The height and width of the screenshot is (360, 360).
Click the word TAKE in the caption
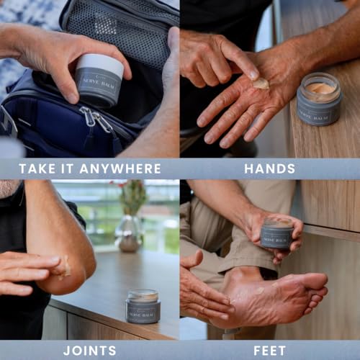coord(36,168)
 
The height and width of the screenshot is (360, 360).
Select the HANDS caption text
coord(269,168)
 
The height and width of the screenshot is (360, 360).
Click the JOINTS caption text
coord(89,351)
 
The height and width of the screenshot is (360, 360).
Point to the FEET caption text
coord(269,351)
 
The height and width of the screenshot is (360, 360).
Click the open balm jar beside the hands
coord(319,99)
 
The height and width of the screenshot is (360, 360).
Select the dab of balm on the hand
coord(261,84)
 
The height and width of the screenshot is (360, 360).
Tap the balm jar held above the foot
coord(276,234)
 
